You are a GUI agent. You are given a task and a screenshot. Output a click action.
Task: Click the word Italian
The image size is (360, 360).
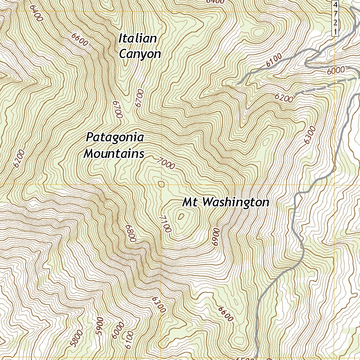[x=137, y=38]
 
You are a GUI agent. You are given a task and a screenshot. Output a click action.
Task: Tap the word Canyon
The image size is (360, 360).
[x=140, y=54]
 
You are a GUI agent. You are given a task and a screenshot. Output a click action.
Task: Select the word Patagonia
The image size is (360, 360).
[x=115, y=137]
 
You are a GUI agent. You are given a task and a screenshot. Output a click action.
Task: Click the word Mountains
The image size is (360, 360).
[x=114, y=154]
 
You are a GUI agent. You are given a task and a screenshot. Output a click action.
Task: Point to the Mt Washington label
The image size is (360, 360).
[x=226, y=202]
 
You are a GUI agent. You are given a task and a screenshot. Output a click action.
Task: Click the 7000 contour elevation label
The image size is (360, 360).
[x=166, y=163]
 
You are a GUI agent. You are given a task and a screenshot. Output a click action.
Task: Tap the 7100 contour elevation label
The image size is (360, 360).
[x=165, y=224]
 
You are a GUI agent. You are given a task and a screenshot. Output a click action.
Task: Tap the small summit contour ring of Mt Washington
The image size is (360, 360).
[x=181, y=217]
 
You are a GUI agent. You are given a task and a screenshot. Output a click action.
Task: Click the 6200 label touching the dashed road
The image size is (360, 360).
[x=284, y=99]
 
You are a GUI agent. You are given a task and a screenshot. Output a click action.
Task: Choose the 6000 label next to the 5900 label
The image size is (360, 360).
[x=117, y=330]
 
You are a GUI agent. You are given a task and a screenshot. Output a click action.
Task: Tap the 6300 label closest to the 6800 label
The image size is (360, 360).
[x=159, y=304]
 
